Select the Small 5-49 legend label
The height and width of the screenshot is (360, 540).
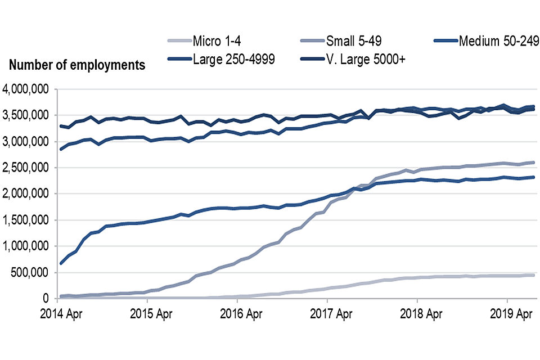(x=357, y=41)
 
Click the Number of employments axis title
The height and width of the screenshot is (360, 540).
(x=77, y=65)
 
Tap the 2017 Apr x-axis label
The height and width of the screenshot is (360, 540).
(x=327, y=313)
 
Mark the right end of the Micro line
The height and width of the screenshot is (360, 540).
(x=533, y=275)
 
